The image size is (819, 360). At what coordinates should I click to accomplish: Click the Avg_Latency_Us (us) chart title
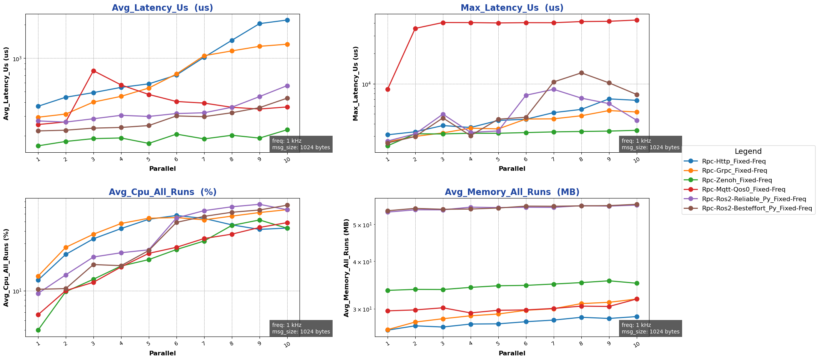(162, 8)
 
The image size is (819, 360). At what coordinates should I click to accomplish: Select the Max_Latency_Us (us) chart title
(512, 8)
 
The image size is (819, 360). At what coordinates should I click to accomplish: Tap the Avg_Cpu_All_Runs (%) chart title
(162, 192)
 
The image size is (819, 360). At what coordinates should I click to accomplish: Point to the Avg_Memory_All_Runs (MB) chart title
(512, 192)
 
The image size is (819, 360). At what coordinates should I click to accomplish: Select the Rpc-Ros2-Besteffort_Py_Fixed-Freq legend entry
(751, 208)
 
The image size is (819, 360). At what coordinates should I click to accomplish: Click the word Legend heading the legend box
(748, 152)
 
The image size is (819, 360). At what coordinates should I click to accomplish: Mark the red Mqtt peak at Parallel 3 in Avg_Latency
(93, 71)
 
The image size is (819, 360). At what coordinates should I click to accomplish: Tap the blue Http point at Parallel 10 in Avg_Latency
(287, 20)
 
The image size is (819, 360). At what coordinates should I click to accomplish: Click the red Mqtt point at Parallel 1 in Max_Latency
(388, 89)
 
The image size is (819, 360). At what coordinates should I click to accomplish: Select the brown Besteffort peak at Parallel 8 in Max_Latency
(581, 73)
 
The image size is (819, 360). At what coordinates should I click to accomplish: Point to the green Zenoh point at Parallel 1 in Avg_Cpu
(38, 330)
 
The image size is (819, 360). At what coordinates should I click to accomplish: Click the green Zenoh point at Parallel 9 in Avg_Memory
(609, 281)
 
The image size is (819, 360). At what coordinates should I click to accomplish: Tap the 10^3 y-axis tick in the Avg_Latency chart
(17, 58)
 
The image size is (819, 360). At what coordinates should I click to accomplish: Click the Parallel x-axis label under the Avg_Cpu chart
(162, 353)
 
